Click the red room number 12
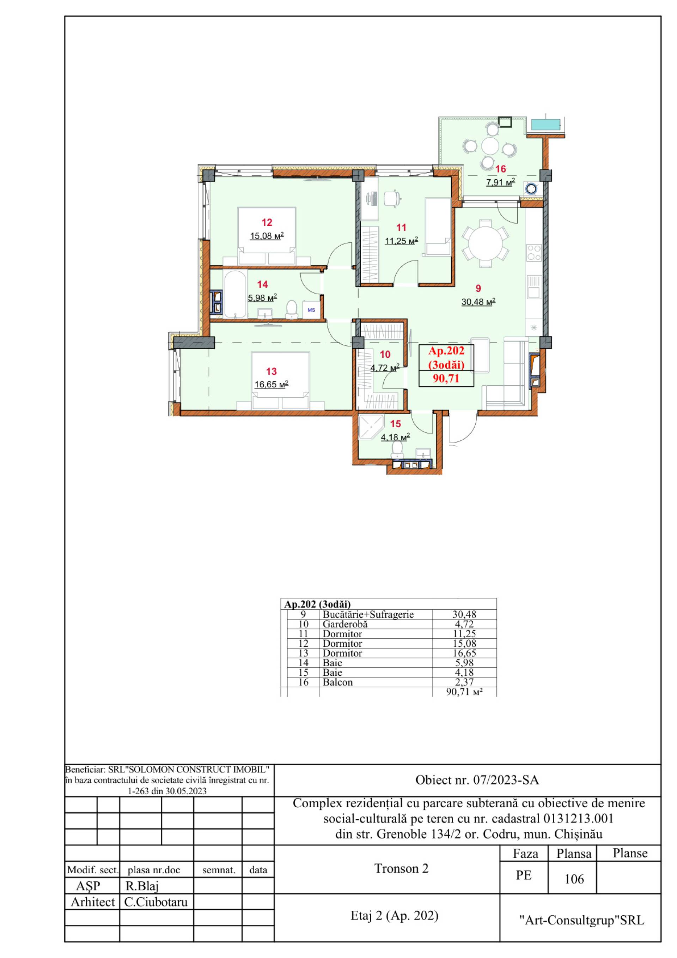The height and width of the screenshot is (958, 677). click(x=267, y=222)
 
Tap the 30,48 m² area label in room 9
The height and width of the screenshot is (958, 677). click(x=478, y=302)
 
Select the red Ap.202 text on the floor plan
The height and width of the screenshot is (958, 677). click(x=446, y=351)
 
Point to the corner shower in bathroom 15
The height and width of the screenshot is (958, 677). click(x=371, y=428)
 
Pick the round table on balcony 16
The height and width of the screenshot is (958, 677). click(x=490, y=146)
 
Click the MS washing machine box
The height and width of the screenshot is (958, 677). click(x=311, y=310)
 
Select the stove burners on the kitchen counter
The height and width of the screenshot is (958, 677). click(x=534, y=252)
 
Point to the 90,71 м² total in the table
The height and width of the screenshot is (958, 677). click(x=464, y=692)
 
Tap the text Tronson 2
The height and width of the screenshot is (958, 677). click(x=402, y=868)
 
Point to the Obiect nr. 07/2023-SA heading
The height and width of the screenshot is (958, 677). click(x=477, y=780)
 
